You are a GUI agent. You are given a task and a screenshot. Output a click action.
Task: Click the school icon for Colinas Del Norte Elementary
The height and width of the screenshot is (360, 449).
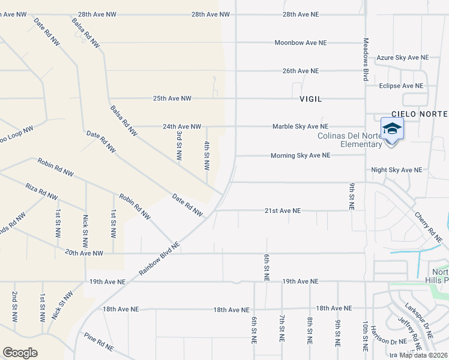point(392,129)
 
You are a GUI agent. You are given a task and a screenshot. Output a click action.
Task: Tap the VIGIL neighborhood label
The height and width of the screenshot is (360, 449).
point(311,98)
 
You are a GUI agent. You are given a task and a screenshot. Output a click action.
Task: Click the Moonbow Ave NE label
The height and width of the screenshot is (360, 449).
point(300,43)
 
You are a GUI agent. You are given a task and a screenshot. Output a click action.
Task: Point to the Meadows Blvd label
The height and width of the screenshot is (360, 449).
point(365,59)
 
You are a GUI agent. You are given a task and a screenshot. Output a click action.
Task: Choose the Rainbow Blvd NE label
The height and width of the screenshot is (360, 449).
point(160,259)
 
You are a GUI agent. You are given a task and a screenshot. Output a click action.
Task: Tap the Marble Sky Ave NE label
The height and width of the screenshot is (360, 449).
point(300,127)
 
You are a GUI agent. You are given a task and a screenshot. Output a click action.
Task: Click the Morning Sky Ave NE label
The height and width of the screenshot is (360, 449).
point(300,155)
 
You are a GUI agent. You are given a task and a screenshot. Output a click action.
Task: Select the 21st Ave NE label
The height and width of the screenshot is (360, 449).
point(282,211)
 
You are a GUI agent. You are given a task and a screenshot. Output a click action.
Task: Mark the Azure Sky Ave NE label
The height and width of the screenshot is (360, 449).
point(402,58)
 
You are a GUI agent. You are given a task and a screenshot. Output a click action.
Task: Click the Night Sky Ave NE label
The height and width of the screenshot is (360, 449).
point(396,170)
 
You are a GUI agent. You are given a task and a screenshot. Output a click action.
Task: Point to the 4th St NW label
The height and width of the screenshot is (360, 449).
point(206,155)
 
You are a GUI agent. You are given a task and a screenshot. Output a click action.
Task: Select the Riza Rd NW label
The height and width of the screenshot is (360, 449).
point(41,192)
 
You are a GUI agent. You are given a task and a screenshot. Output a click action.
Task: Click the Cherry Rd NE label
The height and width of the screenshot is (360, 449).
point(428,226)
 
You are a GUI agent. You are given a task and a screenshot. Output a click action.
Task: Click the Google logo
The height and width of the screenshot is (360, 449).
point(20,353)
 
